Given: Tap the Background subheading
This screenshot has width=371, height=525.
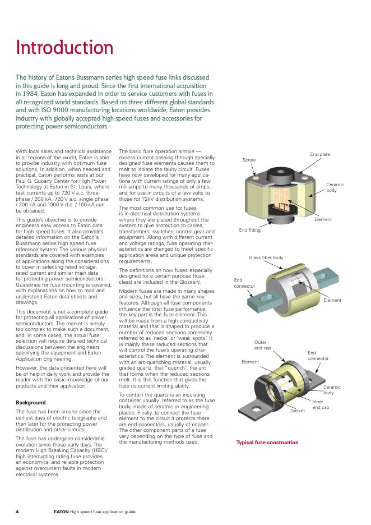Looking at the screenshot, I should (x=31, y=403).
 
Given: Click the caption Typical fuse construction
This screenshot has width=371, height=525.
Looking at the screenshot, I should (x=267, y=443).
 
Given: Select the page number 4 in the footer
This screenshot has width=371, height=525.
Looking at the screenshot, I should (x=17, y=512).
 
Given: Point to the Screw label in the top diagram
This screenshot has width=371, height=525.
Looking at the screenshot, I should (x=249, y=160).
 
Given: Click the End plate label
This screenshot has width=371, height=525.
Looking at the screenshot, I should (x=320, y=154).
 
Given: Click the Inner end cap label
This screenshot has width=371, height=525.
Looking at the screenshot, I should (x=321, y=404).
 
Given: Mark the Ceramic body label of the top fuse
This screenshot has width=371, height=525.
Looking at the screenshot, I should (x=335, y=187).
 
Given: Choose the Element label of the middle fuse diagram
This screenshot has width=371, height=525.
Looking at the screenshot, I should (x=332, y=301).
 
